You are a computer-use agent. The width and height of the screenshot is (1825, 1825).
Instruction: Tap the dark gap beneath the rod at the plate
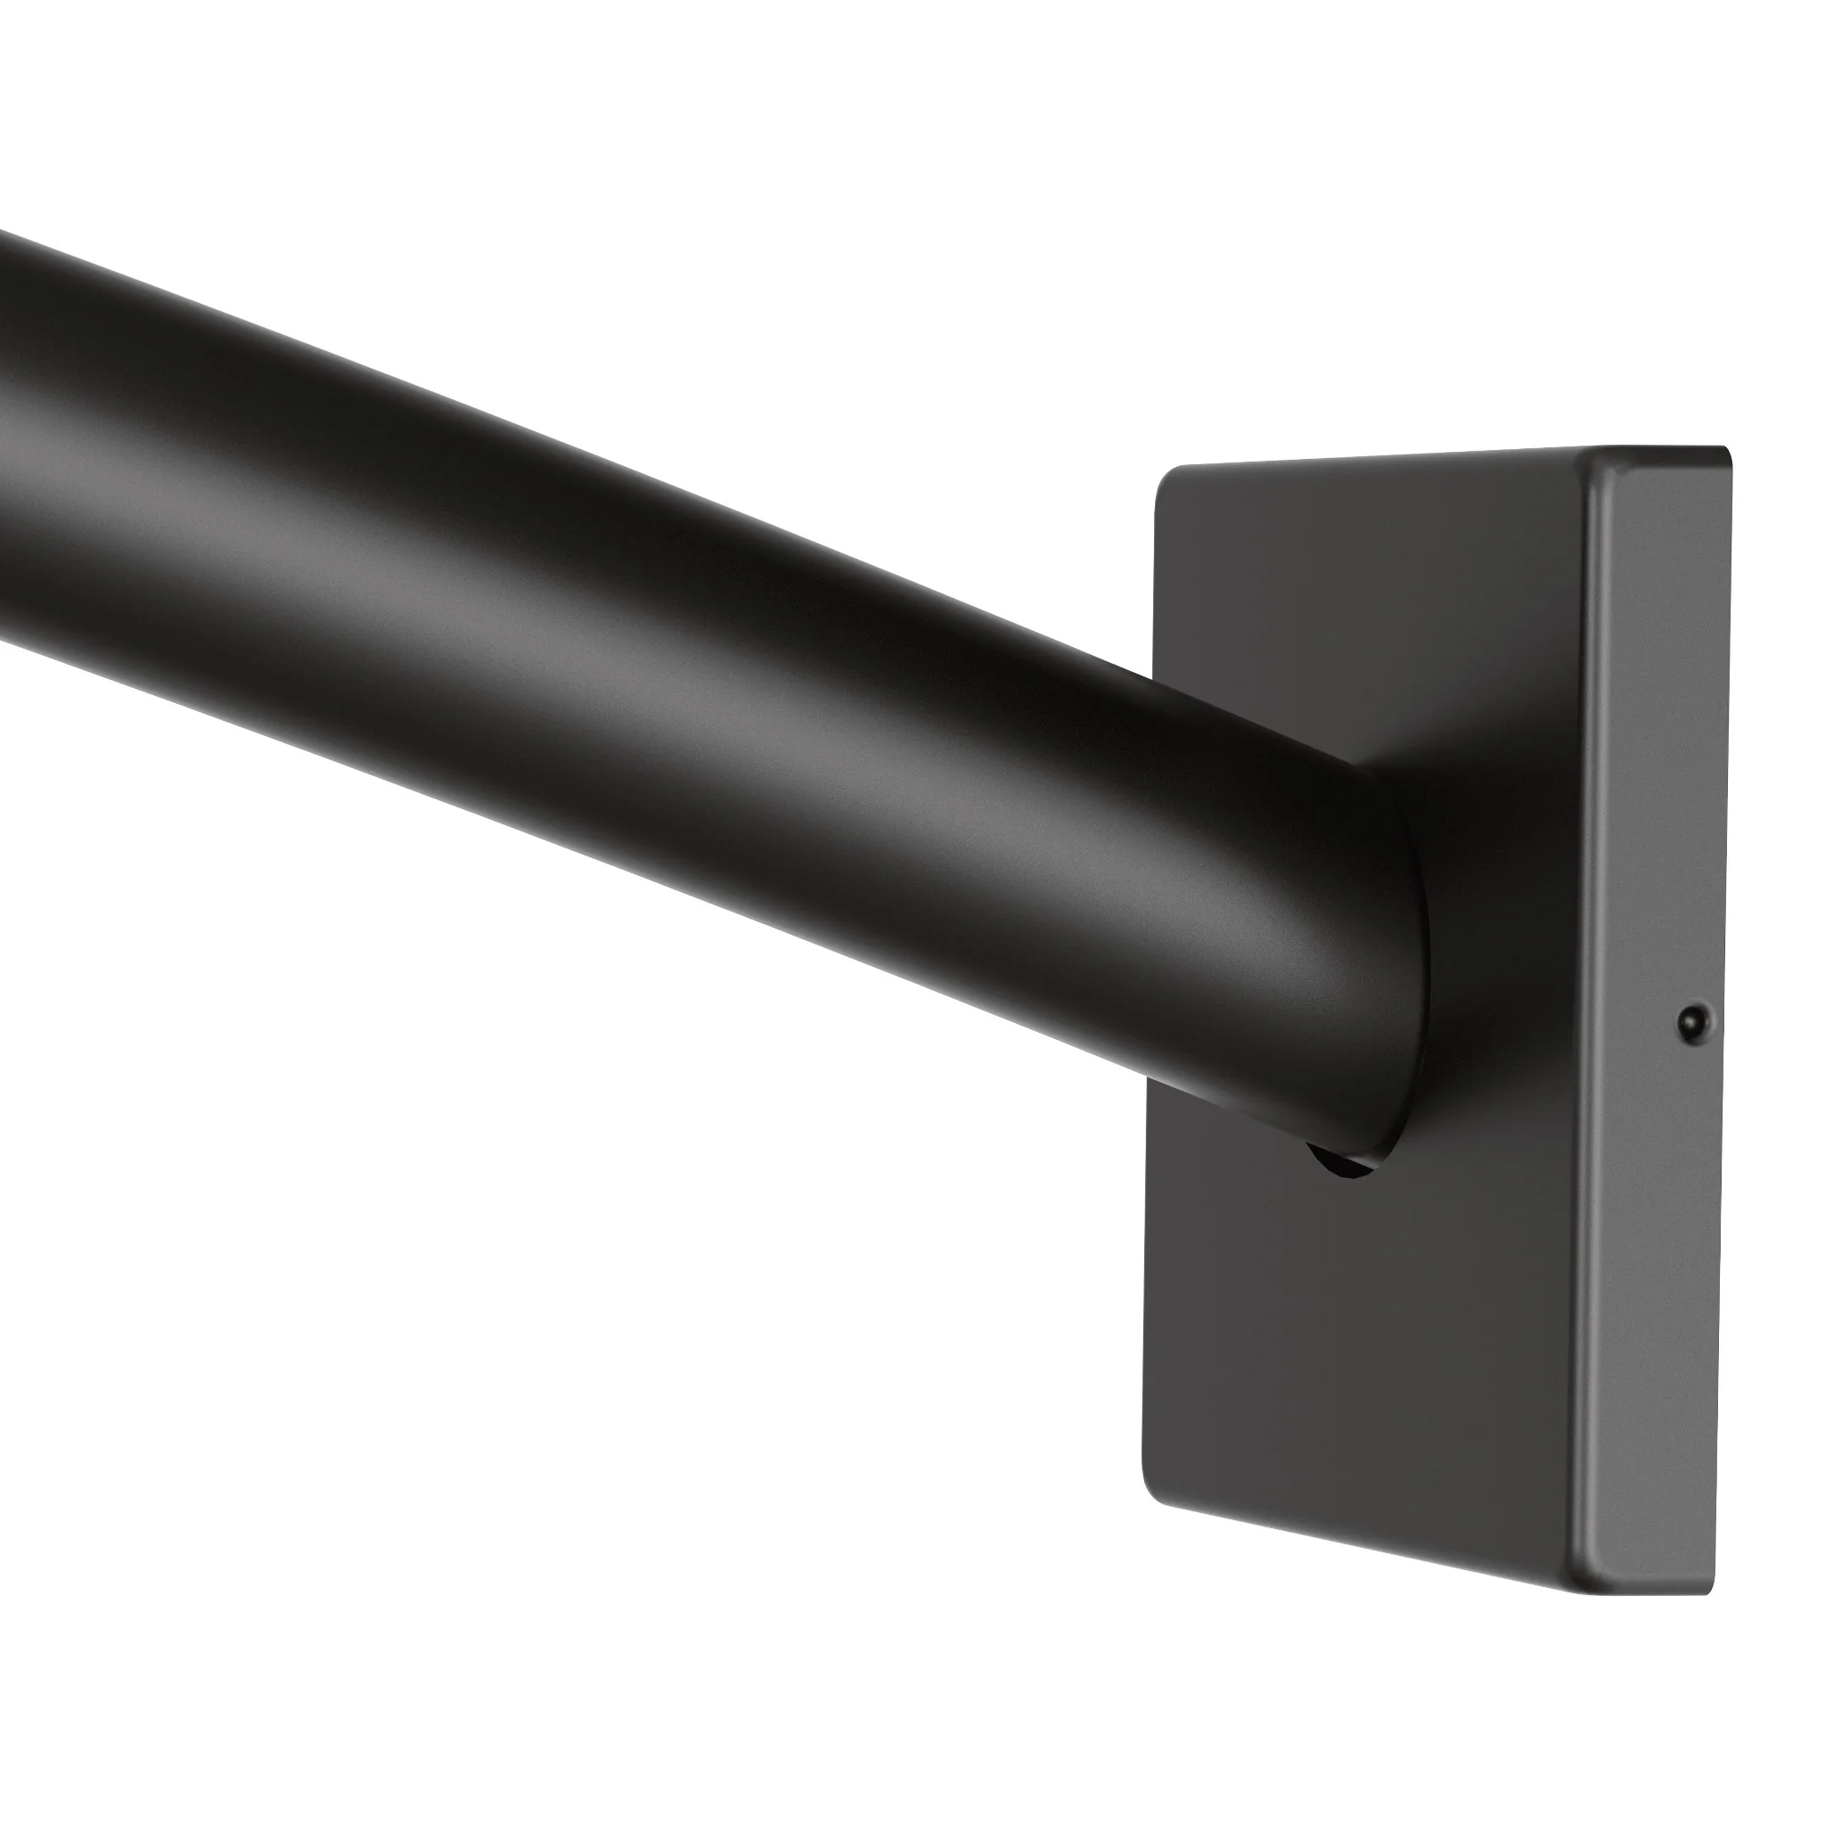point(1341,1166)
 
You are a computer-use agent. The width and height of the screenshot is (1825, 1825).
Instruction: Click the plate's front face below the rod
point(1370,1370)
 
